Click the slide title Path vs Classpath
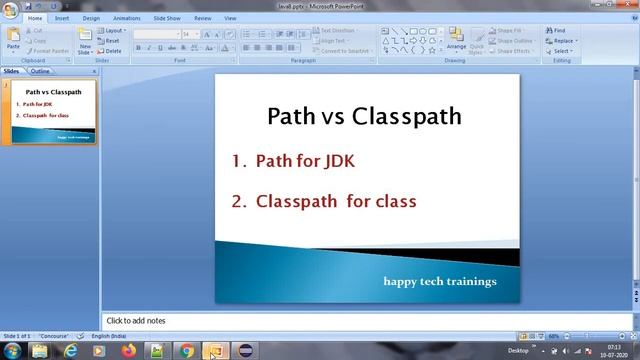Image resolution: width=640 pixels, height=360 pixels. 364,116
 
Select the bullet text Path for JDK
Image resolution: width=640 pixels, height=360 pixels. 305,160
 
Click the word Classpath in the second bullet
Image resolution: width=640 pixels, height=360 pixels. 297,201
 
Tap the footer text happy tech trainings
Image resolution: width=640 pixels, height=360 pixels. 440,281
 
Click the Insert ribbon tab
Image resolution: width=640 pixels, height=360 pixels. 63,18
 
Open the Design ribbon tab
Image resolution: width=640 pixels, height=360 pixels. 91,18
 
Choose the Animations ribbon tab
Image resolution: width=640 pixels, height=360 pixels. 126,18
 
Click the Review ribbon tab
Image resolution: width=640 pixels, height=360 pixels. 202,18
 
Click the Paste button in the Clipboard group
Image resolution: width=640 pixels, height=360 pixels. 13,39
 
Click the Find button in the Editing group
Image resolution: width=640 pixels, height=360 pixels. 558,31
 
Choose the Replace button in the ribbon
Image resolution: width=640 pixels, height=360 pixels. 562,41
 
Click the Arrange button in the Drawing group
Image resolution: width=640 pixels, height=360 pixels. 456,39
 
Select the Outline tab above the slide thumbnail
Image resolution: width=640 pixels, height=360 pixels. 40,72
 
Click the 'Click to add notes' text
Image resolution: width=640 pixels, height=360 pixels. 136,320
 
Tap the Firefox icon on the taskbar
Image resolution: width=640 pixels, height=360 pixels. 128,351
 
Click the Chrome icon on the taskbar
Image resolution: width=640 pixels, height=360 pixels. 186,351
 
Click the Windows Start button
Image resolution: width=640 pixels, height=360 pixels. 11,351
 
